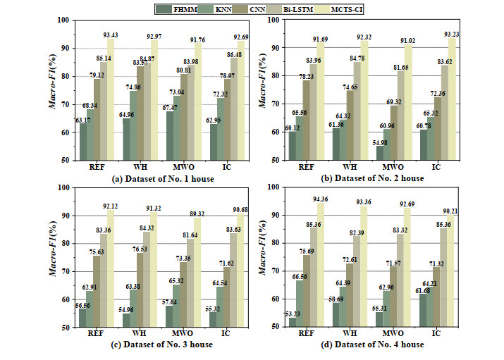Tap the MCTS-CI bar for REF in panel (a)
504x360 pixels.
(x=112, y=99)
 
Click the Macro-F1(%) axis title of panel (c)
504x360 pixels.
(x=53, y=257)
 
